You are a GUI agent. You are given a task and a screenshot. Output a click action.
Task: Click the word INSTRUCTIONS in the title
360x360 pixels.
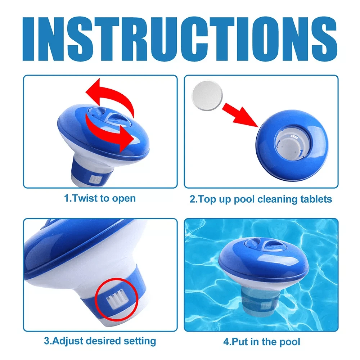pyautogui.click(x=180, y=37)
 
